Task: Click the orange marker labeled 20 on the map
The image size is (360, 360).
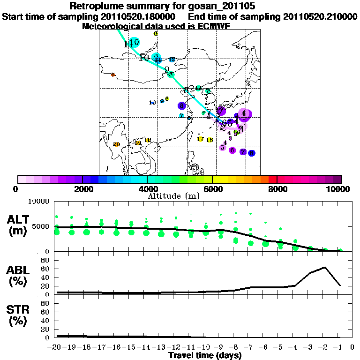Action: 117,144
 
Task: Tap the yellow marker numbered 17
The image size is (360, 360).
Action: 200,139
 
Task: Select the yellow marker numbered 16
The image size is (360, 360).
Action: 210,140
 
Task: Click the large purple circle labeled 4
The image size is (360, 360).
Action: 244,114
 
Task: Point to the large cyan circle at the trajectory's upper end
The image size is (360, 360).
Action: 135,42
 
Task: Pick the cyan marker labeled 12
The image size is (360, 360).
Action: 172,60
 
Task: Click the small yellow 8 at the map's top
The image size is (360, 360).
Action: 156,33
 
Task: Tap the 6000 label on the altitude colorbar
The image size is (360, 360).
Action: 212,189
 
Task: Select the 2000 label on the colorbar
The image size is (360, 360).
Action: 82,189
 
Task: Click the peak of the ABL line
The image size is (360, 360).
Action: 325,267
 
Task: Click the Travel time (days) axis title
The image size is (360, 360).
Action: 205,356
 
